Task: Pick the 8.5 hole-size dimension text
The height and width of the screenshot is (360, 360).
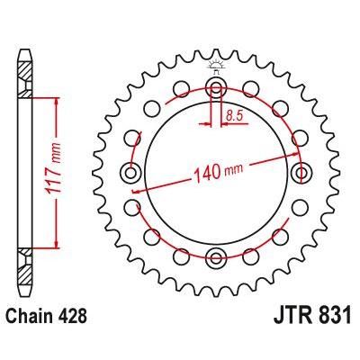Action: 234,114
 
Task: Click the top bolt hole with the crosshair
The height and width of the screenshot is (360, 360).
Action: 217,88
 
